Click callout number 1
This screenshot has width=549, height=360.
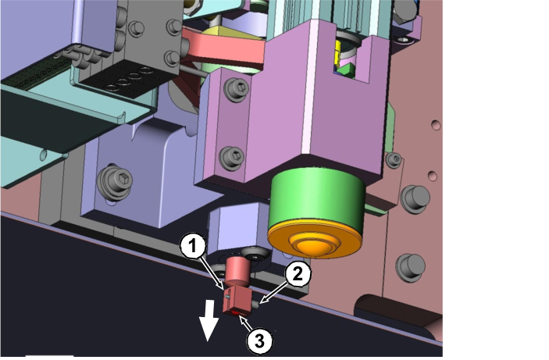[193, 247]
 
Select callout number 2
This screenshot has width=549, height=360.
[298, 274]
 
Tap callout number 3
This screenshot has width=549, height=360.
[259, 340]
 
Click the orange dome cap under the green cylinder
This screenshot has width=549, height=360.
[315, 241]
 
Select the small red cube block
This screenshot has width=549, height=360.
[237, 300]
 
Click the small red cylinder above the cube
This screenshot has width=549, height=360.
[237, 271]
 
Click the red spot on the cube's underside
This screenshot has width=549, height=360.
[235, 312]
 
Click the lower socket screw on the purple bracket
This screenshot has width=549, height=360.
[232, 158]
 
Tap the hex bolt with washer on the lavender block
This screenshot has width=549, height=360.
[115, 183]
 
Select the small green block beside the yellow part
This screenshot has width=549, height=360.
[346, 69]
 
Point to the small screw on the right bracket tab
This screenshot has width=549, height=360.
[394, 160]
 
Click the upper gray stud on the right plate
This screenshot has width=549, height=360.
[415, 198]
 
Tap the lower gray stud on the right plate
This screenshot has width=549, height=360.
[411, 268]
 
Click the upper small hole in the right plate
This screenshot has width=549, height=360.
[436, 125]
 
